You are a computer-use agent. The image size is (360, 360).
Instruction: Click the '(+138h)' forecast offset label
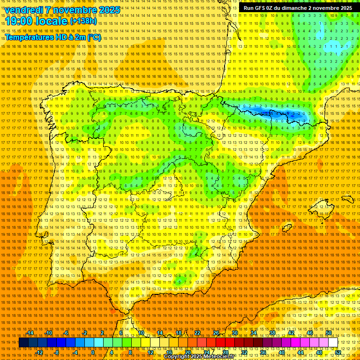point(83,21)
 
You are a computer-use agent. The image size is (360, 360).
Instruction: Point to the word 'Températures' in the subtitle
point(29,37)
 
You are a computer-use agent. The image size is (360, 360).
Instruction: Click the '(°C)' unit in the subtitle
point(94,37)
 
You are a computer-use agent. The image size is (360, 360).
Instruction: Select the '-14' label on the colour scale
point(30,333)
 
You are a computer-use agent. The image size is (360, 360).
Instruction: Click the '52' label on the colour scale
point(337,352)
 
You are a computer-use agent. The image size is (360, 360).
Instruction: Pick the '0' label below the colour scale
point(93,352)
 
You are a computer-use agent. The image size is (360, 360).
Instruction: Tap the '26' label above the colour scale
point(216,333)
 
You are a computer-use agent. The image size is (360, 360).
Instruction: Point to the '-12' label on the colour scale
point(39,352)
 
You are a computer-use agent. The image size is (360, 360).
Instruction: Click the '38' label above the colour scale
point(272,333)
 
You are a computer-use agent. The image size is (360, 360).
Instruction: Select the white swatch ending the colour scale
point(333,343)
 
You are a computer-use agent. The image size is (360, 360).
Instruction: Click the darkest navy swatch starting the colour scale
point(23,343)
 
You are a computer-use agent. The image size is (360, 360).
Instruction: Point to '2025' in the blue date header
point(108,10)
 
